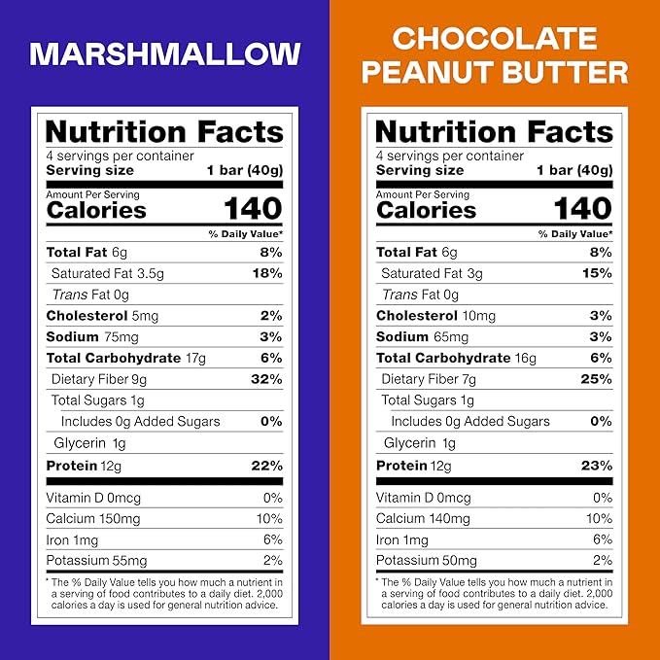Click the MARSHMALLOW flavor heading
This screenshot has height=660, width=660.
click(164, 53)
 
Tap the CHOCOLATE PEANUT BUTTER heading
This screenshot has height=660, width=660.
click(495, 55)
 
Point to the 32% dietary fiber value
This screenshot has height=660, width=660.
click(265, 379)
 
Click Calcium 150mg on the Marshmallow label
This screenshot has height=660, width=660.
click(93, 519)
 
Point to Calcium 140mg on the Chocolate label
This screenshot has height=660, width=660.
click(424, 519)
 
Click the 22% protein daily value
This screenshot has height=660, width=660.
click(265, 466)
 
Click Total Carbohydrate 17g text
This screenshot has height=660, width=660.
click(126, 358)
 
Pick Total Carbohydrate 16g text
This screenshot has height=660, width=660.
click(457, 358)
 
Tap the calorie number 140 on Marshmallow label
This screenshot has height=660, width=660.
click(253, 208)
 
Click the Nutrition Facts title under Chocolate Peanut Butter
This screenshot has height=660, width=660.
click(494, 132)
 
